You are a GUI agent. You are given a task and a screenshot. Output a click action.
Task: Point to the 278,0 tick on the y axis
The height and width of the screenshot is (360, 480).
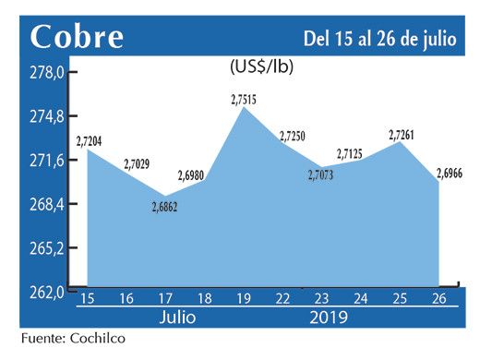[x=45, y=73]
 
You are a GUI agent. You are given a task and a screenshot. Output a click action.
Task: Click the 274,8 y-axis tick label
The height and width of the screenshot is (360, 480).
[x=45, y=117]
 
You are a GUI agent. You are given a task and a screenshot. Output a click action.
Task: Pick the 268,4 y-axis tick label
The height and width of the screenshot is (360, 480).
[x=45, y=204]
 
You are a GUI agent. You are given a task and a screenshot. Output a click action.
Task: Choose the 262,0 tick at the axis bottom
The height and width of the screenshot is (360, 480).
[x=45, y=292]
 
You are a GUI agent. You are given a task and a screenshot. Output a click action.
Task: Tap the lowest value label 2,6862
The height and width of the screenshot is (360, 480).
[x=164, y=208]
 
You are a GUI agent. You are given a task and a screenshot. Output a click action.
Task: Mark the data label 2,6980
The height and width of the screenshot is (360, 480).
[x=194, y=174]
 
